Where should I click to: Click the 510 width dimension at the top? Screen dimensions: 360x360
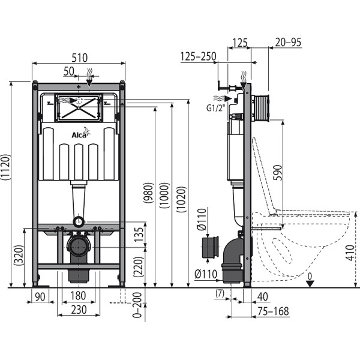[x=79, y=58]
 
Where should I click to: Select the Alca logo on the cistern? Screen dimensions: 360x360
[x=79, y=136]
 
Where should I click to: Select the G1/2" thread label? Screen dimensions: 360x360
[x=214, y=109]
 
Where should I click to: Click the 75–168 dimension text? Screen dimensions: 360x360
[x=270, y=311]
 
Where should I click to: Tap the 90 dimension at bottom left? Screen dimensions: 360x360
[x=40, y=296]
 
